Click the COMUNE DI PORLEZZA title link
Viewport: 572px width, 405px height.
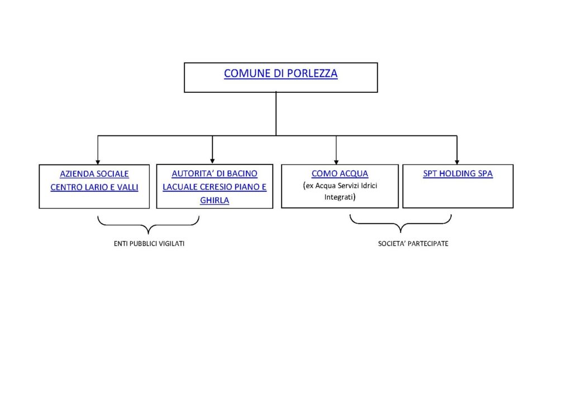click(x=280, y=73)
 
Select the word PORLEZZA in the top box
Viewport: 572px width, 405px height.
click(x=312, y=73)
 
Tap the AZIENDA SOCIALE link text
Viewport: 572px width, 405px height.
click(x=94, y=174)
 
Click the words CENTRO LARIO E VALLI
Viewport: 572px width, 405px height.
click(x=94, y=187)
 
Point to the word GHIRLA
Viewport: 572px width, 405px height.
click(x=214, y=200)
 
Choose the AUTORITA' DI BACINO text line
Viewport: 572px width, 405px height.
click(x=214, y=173)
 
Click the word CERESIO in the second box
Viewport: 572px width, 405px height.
click(x=215, y=187)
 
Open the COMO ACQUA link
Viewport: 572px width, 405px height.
click(x=340, y=173)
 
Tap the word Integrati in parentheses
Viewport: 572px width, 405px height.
click(x=339, y=197)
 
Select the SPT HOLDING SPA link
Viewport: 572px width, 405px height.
click(x=458, y=173)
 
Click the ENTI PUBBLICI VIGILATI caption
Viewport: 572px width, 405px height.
click(x=149, y=243)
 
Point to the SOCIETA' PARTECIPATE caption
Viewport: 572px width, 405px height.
click(x=413, y=243)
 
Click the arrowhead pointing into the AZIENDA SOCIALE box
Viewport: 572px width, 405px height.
click(x=98, y=162)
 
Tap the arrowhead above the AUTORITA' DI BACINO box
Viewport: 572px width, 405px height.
click(x=212, y=161)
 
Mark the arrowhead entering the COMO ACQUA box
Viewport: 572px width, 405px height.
click(x=336, y=162)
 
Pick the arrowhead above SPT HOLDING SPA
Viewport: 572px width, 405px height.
click(x=457, y=162)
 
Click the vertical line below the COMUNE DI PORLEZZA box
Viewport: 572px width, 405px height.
click(x=276, y=114)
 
